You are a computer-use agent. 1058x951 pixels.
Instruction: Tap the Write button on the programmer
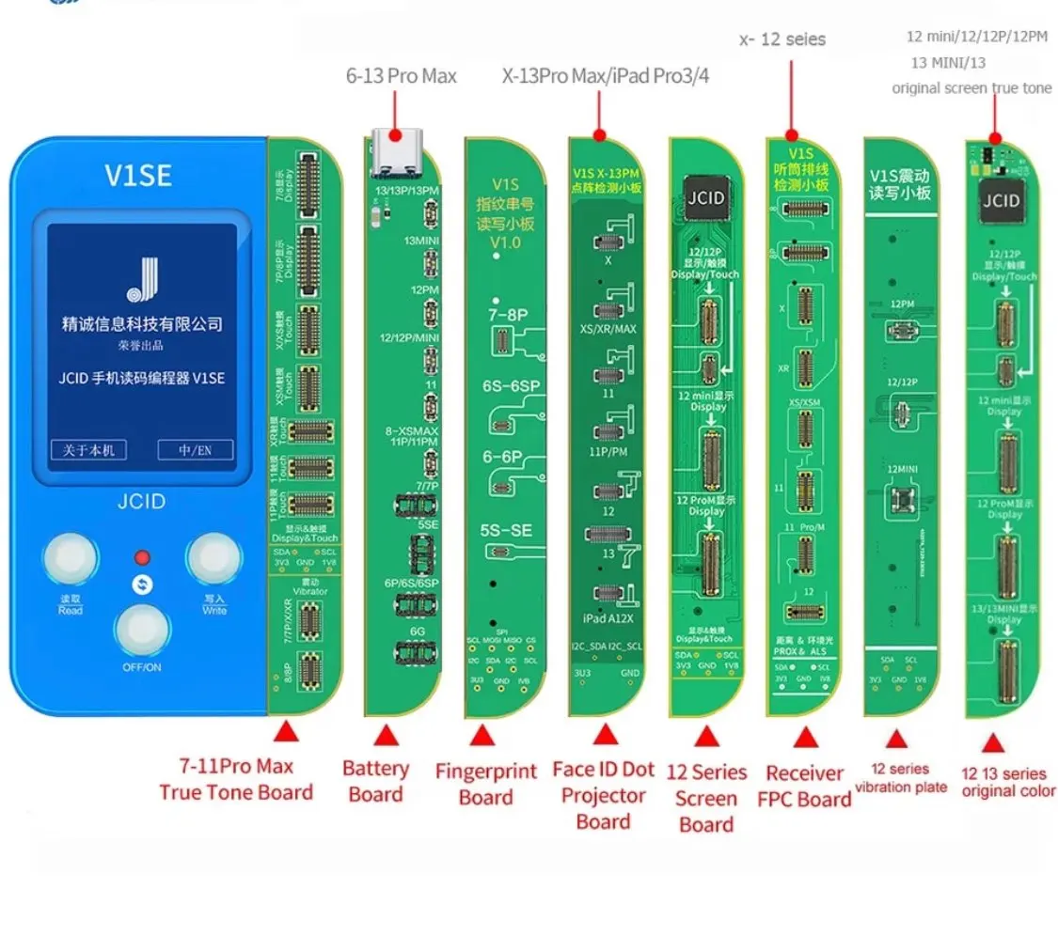(x=214, y=561)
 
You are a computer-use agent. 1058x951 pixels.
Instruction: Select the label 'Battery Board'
(x=375, y=781)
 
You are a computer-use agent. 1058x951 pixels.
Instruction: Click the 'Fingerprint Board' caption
(x=486, y=784)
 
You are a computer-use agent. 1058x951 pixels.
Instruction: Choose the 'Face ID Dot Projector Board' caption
(x=603, y=795)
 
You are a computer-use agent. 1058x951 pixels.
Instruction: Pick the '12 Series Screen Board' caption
(x=706, y=798)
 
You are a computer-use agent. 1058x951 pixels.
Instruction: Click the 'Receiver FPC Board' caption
(x=804, y=786)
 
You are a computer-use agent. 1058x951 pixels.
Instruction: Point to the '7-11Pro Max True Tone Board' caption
(x=235, y=780)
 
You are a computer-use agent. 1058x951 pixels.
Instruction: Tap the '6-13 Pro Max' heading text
(x=401, y=76)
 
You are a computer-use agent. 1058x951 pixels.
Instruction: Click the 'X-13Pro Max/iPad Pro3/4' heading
(x=606, y=76)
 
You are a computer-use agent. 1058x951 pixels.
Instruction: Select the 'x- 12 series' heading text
(x=783, y=39)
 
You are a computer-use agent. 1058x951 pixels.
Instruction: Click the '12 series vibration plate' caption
(x=902, y=777)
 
